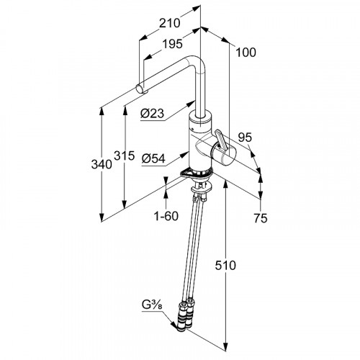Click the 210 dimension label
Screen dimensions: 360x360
(x=170, y=23)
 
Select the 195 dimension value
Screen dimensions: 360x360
(x=172, y=44)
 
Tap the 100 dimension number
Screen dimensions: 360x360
(x=246, y=53)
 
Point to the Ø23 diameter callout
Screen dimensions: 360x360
(x=152, y=113)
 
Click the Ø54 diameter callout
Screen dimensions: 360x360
(x=153, y=158)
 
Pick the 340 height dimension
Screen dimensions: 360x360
(x=102, y=164)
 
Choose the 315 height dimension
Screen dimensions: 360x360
(x=124, y=156)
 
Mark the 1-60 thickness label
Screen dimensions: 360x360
(x=166, y=216)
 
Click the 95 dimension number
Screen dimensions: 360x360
(x=245, y=138)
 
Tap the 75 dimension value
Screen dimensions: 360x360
(x=261, y=218)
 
